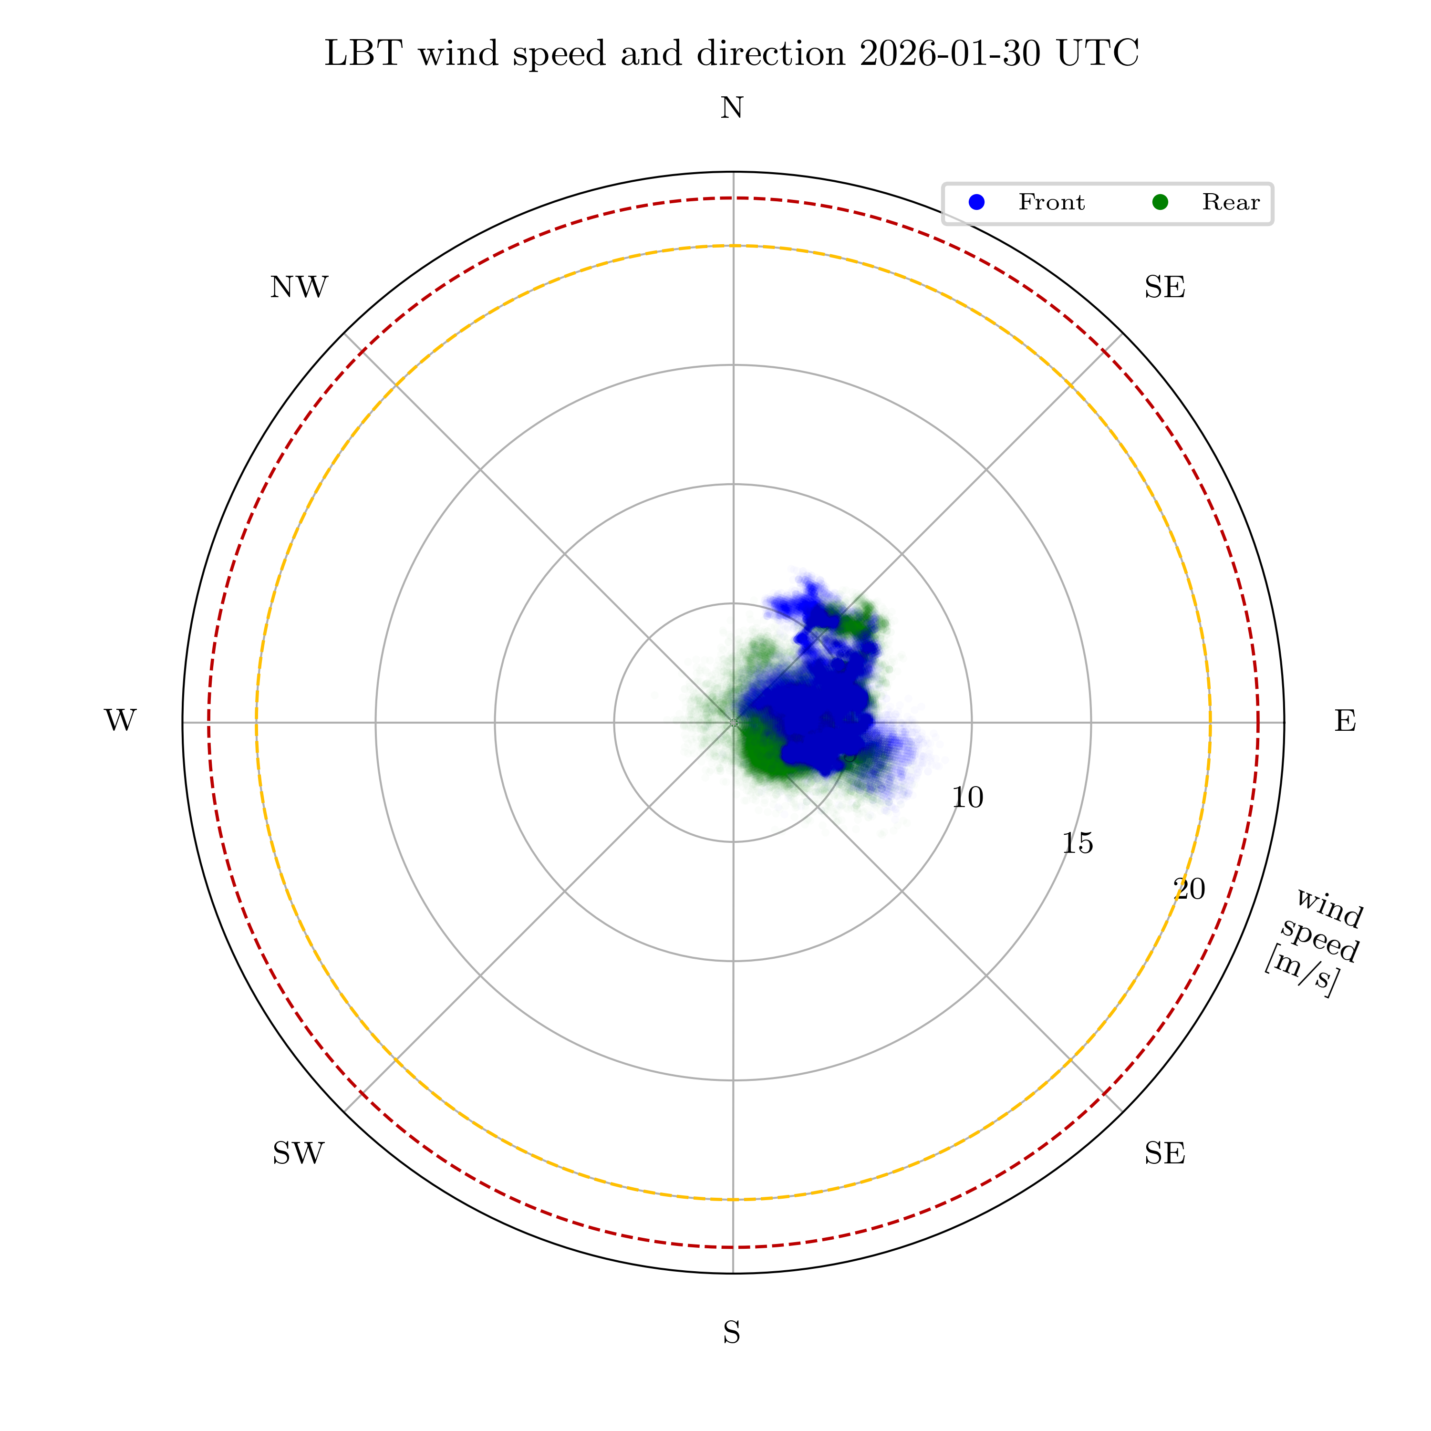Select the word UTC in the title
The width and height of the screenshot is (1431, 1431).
pyautogui.click(x=1097, y=54)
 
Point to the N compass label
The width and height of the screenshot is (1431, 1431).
pyautogui.click(x=732, y=109)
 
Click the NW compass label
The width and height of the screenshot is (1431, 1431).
pyautogui.click(x=299, y=287)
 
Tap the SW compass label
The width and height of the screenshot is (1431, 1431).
pyautogui.click(x=299, y=1154)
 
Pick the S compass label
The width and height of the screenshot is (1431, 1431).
pyautogui.click(x=732, y=1333)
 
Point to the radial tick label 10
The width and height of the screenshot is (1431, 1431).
pyautogui.click(x=967, y=798)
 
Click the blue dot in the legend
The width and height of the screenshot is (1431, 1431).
pyautogui.click(x=977, y=202)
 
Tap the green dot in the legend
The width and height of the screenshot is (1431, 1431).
pyautogui.click(x=1160, y=202)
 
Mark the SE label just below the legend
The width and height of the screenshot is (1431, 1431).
pyautogui.click(x=1164, y=287)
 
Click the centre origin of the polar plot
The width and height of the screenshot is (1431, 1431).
pyautogui.click(x=733, y=722)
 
